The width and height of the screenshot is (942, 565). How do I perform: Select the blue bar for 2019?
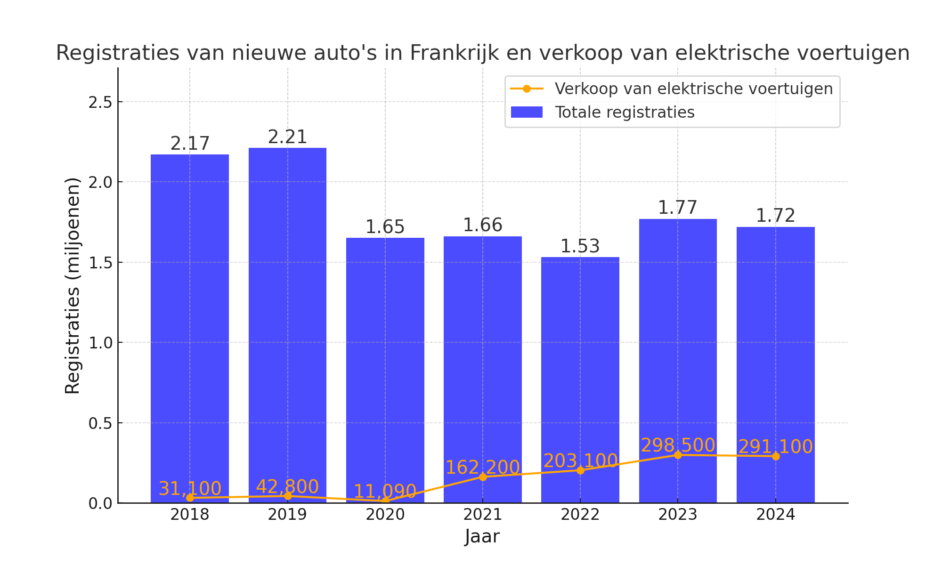coord(287,325)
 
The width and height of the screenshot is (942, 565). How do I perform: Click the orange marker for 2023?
coord(678,455)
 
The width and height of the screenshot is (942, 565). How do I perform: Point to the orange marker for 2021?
coord(483,477)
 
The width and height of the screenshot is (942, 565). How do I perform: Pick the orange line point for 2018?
coord(190,498)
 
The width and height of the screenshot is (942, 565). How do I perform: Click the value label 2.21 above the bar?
coord(287,137)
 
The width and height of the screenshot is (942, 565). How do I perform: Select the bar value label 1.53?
coord(580,246)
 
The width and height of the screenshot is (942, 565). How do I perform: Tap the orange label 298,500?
coord(678,445)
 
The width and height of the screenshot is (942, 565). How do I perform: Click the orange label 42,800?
coord(287,487)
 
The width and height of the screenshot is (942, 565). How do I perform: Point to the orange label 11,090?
coord(385,492)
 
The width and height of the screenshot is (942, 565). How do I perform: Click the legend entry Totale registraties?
coord(625,113)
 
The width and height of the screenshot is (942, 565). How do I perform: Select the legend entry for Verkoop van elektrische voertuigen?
coord(693,89)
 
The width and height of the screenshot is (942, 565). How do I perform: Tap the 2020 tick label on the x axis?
coord(385,515)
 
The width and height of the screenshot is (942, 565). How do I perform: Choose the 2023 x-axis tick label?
coord(678,515)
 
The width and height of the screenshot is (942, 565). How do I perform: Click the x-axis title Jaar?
coord(482,536)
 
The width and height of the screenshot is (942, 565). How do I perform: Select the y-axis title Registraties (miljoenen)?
coord(73,285)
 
